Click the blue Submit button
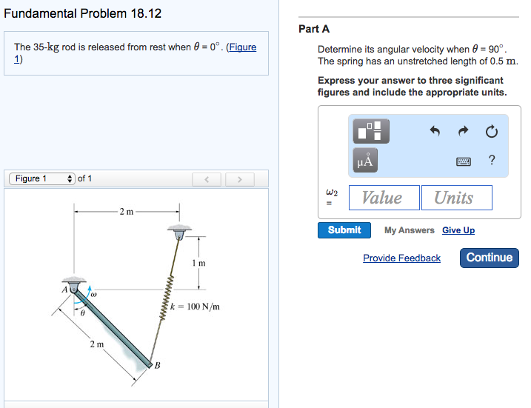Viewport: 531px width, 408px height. pos(344,230)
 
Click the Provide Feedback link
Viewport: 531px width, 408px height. pos(401,258)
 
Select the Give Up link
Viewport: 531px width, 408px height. pos(458,230)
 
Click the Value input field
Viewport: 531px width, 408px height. pos(382,198)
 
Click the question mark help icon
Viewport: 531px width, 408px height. pos(492,160)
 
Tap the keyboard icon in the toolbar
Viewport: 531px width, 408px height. pos(464,161)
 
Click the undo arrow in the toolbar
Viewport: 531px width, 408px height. pos(435,132)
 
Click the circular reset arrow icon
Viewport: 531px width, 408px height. pos(491,132)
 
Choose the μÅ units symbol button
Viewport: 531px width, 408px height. pos(366,160)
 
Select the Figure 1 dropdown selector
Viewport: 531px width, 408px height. pos(42,178)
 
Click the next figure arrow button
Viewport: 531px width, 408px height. pos(239,179)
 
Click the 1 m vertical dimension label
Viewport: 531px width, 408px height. pos(198,263)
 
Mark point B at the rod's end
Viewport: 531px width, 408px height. pos(157,364)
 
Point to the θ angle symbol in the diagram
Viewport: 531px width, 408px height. pos(83,313)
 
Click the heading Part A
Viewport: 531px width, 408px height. pos(314,29)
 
